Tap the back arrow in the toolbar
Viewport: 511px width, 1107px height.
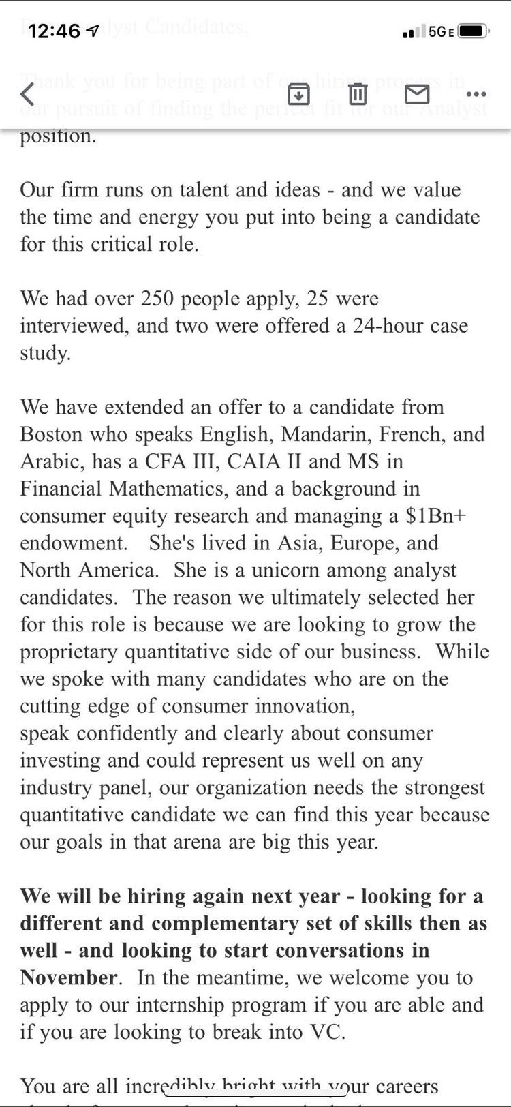27,93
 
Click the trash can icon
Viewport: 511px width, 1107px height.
358,93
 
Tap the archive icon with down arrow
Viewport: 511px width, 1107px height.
298,93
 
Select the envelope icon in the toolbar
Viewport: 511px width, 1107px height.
417,93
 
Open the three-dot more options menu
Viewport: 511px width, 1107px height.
476,94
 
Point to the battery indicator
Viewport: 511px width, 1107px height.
472,31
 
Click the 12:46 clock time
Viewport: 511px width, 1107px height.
55,31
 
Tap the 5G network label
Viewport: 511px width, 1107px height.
437,31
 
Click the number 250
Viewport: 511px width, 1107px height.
159,299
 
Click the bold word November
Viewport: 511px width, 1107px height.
68,977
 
